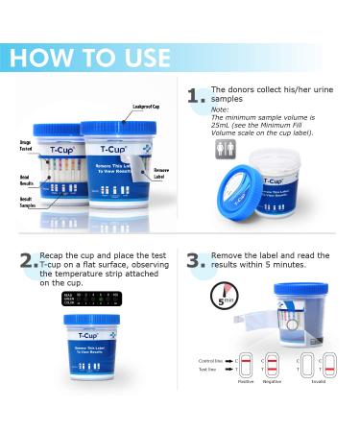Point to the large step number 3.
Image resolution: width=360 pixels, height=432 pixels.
(197, 262)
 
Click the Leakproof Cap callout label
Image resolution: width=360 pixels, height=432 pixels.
(134, 106)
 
